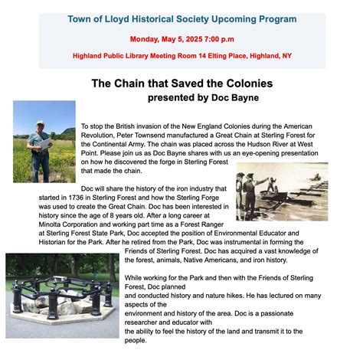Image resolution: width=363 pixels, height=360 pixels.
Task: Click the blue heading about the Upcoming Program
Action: click(181, 18)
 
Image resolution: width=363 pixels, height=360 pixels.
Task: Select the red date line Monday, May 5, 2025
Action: click(181, 38)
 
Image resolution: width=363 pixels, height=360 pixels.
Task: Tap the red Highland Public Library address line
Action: click(181, 55)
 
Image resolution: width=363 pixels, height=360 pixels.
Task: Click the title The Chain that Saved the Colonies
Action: click(181, 83)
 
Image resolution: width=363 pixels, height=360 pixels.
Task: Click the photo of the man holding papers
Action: click(44, 141)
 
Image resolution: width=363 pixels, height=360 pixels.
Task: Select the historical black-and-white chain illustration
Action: click(282, 191)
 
